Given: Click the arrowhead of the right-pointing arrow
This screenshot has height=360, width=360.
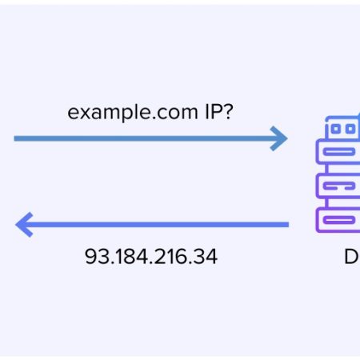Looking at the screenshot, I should tap(279, 140).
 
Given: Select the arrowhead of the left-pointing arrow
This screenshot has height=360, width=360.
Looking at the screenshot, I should tap(23, 225).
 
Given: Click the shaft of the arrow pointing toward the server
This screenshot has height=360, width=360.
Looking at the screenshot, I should tap(144, 140).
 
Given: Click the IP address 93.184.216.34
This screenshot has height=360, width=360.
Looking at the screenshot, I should tap(151, 257).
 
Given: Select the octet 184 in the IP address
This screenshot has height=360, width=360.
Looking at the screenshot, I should tap(125, 257).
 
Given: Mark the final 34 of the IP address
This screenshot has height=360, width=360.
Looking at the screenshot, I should tap(205, 257).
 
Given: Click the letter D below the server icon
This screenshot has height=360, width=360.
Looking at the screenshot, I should tap(350, 257).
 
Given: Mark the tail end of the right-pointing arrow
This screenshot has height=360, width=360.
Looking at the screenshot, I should tap(16, 140).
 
